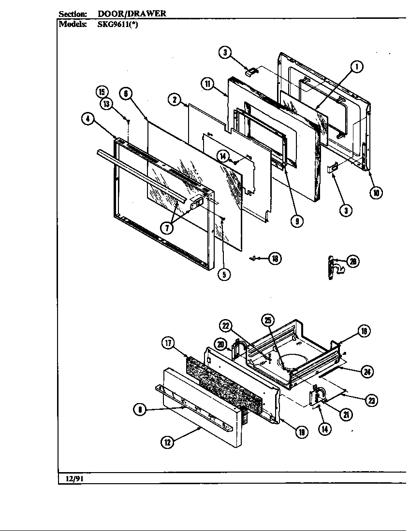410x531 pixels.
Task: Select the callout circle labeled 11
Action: pyautogui.click(x=207, y=84)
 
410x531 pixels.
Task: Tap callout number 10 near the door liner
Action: pyautogui.click(x=376, y=193)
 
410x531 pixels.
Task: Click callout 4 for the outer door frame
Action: pyautogui.click(x=88, y=121)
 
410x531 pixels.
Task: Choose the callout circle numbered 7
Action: pyautogui.click(x=166, y=229)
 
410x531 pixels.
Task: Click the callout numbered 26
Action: pyautogui.click(x=353, y=261)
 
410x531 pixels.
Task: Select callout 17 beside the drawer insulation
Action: pyautogui.click(x=168, y=343)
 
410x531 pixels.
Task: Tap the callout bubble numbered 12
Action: pyautogui.click(x=167, y=442)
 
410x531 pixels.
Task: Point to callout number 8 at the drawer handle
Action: pyautogui.click(x=140, y=410)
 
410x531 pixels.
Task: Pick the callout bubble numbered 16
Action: pyautogui.click(x=364, y=331)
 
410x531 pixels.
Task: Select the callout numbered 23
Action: pyautogui.click(x=371, y=400)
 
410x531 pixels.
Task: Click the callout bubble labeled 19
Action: pyautogui.click(x=302, y=432)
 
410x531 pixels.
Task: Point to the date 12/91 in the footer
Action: pyautogui.click(x=72, y=479)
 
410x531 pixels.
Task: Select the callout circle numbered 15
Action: pyautogui.click(x=102, y=92)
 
